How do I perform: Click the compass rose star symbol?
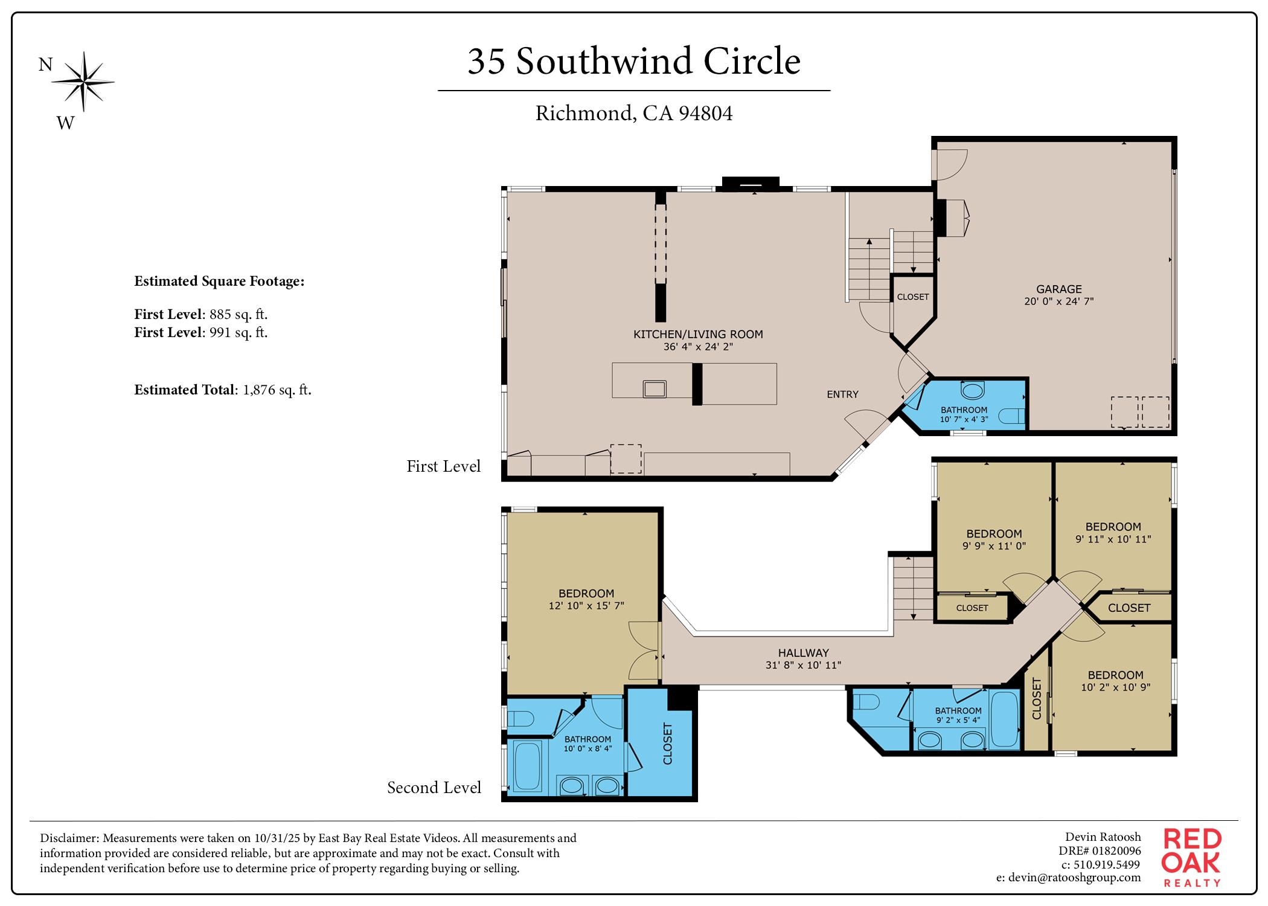[x=83, y=82]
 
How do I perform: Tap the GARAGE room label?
[x=1058, y=289]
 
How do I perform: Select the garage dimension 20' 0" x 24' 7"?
[x=1058, y=301]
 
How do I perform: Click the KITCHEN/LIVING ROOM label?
[x=698, y=334]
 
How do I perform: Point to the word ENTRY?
[x=842, y=394]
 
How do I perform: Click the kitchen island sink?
[x=655, y=388]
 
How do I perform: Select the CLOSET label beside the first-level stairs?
[x=912, y=297]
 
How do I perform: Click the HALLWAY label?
[x=803, y=653]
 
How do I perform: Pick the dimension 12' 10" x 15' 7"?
[x=586, y=606]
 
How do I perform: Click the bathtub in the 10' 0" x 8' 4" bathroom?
[x=528, y=766]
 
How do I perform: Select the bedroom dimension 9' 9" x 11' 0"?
[x=994, y=546]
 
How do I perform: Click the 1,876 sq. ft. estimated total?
[x=277, y=390]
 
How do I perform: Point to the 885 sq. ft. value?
[x=238, y=315]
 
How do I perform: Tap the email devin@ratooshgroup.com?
[x=1068, y=878]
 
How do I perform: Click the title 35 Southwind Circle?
[x=634, y=62]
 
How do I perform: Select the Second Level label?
[x=434, y=788]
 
